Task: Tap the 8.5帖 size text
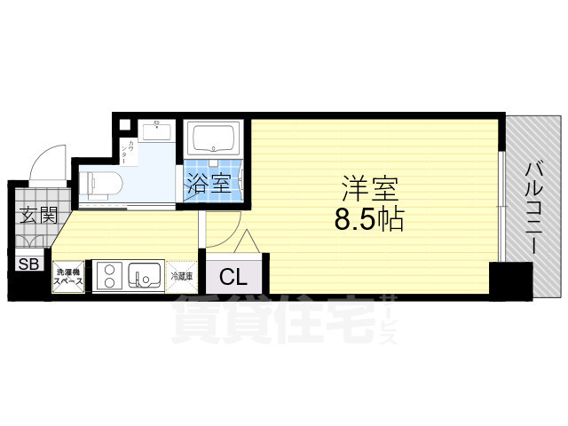(x=368, y=219)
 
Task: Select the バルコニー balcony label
(x=533, y=207)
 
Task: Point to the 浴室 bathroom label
(x=209, y=185)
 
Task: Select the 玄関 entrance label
(x=36, y=214)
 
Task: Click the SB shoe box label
(x=28, y=264)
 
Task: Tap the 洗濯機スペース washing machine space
(x=68, y=276)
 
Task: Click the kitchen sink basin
(x=144, y=276)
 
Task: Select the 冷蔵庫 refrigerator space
(x=181, y=276)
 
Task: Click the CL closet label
(x=233, y=276)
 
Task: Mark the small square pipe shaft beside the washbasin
(x=126, y=123)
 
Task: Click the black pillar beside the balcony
(x=510, y=280)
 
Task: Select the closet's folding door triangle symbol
(x=248, y=241)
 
